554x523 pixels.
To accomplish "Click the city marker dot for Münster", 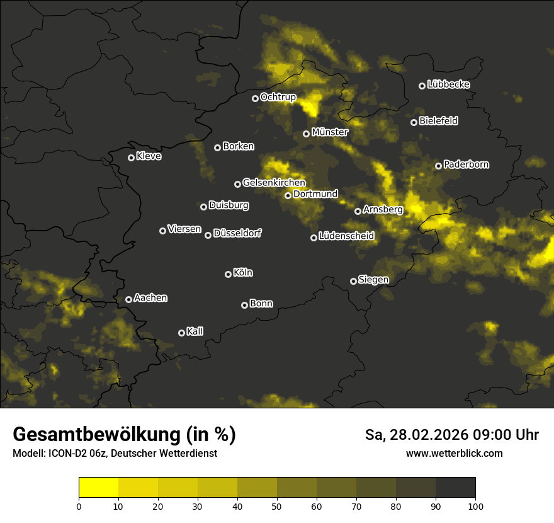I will pos(307,134).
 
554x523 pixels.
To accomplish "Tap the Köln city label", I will pos(243,273).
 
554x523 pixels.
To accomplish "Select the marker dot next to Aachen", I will pos(129,299).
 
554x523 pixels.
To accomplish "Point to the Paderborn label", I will pos(466,164).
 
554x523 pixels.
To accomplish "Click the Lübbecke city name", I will pos(448,84).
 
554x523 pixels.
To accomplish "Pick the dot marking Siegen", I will pos(353,281).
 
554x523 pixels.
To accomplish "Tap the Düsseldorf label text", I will pos(237,233).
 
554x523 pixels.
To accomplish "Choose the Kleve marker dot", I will pos(132,158).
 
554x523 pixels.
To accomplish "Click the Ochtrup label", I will pos(278,97).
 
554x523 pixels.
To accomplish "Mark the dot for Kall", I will pos(182,333).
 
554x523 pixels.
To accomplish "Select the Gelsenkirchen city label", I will pos(274,183).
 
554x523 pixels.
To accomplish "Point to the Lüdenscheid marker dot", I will pos(314,238).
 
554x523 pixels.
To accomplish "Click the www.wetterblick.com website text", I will pos(455,453).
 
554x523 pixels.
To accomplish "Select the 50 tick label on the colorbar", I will pos(277,505).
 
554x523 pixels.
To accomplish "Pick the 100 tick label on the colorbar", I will pos(475,505).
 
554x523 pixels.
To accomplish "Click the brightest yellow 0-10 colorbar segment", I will pos(99,487).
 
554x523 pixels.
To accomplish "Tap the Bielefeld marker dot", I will pos(414,122).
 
